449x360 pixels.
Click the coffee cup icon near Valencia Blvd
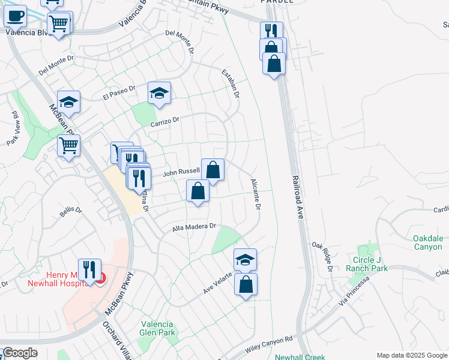click(16, 16)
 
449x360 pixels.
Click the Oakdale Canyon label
click(428, 242)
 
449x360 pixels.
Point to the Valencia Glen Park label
click(158, 328)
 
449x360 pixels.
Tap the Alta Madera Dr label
click(193, 227)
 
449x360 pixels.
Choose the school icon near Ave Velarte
click(245, 259)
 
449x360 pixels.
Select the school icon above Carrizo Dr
click(159, 93)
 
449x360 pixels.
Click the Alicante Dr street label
click(255, 193)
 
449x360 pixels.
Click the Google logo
click(20, 353)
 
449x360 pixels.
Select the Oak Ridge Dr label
click(322, 256)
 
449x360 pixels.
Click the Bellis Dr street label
click(70, 211)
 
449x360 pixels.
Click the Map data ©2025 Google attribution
click(411, 355)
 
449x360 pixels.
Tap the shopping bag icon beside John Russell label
click(212, 170)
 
